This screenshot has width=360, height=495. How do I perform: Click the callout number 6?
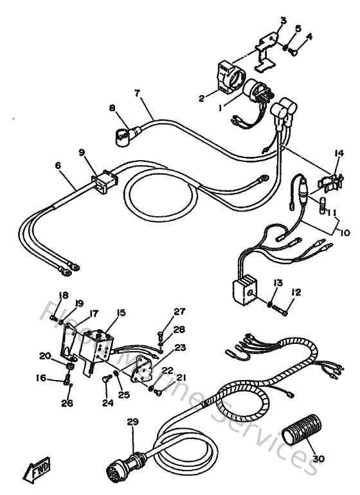59,165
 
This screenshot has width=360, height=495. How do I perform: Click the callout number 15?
120,314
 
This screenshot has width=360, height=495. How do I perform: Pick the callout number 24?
108,404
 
